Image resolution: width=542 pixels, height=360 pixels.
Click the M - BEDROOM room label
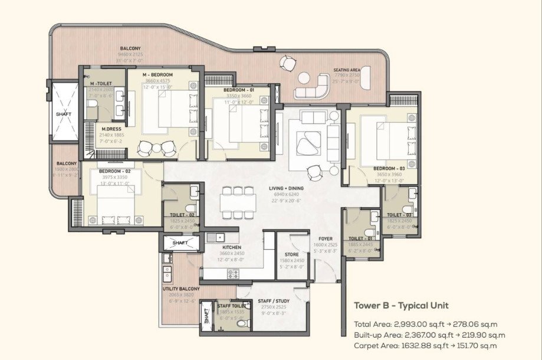[157, 75]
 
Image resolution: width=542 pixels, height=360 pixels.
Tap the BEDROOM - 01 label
[238, 90]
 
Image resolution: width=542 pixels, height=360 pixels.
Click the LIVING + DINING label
[285, 188]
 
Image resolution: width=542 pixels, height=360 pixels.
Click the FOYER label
[325, 238]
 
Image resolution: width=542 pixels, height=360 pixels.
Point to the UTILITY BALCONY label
[181, 289]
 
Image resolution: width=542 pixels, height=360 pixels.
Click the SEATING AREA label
[347, 70]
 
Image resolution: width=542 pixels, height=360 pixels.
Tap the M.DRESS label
[111, 130]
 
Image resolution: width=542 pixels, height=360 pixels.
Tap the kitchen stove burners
[234, 274]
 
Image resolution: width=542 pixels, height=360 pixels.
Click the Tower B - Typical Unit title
[401, 306]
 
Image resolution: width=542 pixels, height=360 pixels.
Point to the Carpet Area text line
[425, 345]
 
